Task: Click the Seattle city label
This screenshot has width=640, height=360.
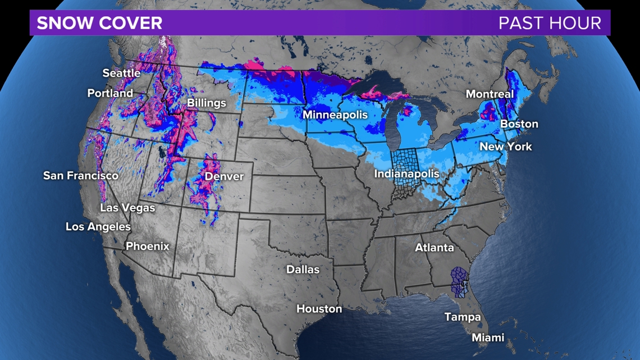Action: [121, 73]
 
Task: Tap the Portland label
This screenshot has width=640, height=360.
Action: [110, 93]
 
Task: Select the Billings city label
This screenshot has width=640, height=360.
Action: [207, 103]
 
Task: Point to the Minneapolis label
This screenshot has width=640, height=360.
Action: [335, 115]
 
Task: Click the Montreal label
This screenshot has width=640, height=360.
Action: [490, 94]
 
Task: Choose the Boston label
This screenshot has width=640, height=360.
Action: [519, 124]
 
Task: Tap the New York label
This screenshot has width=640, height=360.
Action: [506, 147]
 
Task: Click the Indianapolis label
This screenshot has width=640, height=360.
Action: [406, 174]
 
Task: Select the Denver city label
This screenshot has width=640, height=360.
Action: [224, 176]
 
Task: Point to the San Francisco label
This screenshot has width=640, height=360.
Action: [81, 176]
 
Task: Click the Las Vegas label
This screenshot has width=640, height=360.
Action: [127, 208]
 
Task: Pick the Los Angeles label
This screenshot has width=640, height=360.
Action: [98, 227]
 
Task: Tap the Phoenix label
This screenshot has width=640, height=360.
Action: [147, 247]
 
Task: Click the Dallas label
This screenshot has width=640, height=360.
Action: [303, 270]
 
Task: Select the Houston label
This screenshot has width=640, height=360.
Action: [319, 309]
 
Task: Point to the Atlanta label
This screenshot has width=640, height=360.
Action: [435, 248]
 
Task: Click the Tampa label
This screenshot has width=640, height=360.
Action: [463, 317]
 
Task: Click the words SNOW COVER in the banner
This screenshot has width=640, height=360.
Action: [99, 23]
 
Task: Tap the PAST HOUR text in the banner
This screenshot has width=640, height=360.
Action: [550, 23]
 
